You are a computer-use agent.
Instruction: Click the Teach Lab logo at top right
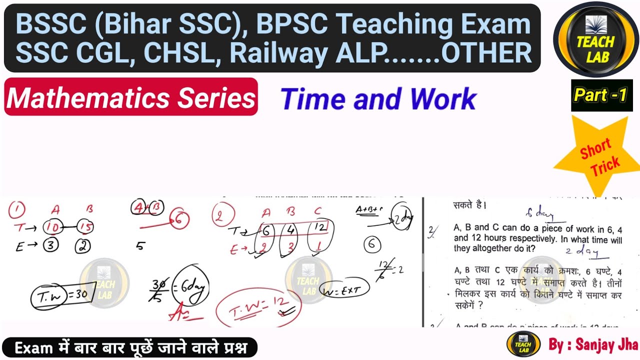[595, 39]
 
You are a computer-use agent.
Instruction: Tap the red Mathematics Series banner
[131, 97]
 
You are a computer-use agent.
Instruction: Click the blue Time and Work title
[378, 98]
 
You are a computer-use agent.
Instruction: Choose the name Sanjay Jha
[607, 344]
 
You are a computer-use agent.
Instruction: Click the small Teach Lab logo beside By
[523, 344]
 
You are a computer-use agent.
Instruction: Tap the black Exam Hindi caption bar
[130, 347]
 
